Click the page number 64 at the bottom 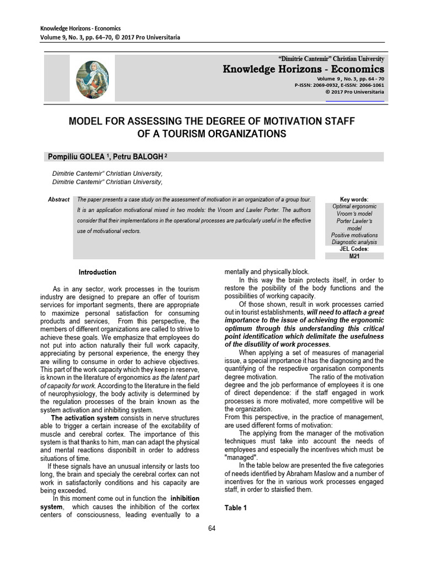(211, 528)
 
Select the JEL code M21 (354, 256)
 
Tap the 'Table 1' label (235, 507)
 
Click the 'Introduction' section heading (97, 272)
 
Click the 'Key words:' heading (354, 200)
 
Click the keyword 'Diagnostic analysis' (354, 242)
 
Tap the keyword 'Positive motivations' (354, 235)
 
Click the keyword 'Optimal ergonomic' (354, 206)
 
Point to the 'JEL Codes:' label (354, 249)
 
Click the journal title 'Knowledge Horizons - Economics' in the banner (303, 69)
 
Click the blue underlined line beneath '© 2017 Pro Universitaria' (354, 101)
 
